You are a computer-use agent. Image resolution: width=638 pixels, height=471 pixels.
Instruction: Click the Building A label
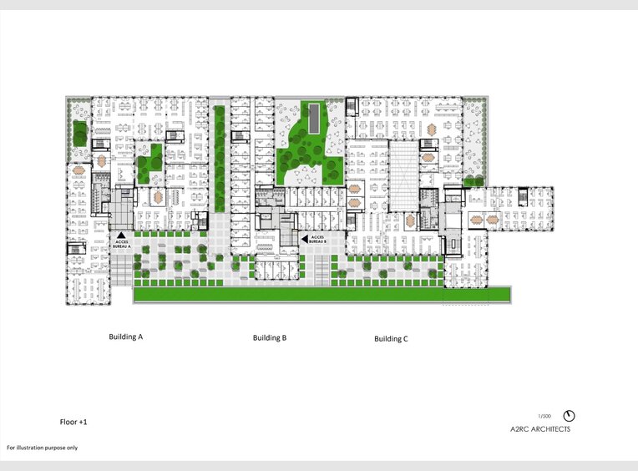(126, 337)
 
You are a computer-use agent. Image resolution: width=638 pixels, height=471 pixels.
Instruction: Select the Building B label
(270, 338)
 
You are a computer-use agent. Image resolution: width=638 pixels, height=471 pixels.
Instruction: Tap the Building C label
(391, 339)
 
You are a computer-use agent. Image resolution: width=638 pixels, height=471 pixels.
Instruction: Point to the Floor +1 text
(73, 423)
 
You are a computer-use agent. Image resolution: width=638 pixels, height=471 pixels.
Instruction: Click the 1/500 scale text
(544, 415)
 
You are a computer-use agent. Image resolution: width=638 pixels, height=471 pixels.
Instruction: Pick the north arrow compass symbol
(569, 416)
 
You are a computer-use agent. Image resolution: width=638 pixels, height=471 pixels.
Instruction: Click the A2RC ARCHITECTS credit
(540, 429)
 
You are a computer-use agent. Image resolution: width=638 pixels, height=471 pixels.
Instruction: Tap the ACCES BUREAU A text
(122, 246)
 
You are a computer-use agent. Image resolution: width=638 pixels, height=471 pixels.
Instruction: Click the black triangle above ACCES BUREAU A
(121, 235)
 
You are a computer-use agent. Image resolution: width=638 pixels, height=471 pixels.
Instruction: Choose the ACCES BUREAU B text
(316, 239)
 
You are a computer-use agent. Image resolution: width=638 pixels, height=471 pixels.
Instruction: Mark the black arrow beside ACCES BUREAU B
(305, 239)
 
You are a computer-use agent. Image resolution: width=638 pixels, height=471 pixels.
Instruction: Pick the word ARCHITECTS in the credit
(552, 429)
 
